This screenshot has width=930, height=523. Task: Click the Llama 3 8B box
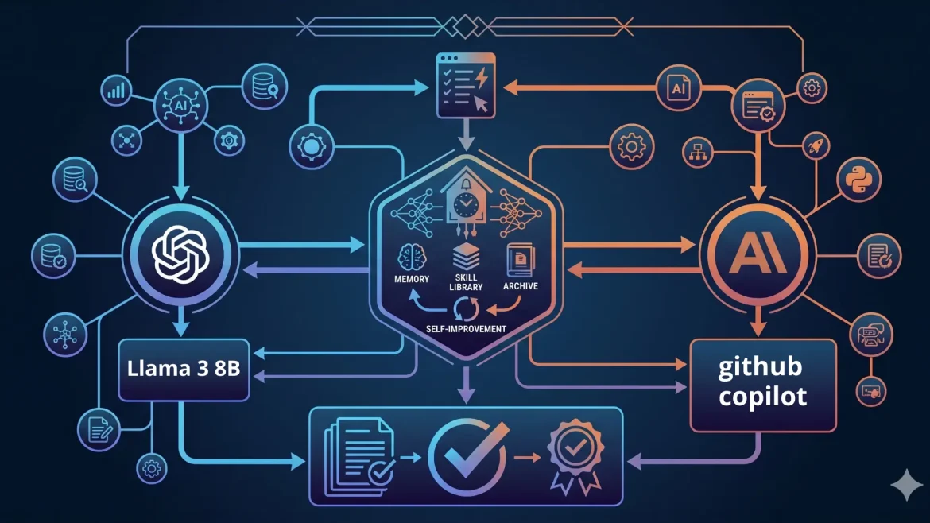pyautogui.click(x=184, y=370)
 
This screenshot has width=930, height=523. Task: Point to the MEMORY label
pyautogui.click(x=411, y=279)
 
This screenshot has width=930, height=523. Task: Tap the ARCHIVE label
pyautogui.click(x=520, y=285)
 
